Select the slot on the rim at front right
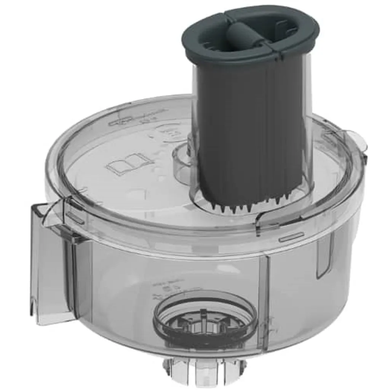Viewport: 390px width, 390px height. [291, 237]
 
